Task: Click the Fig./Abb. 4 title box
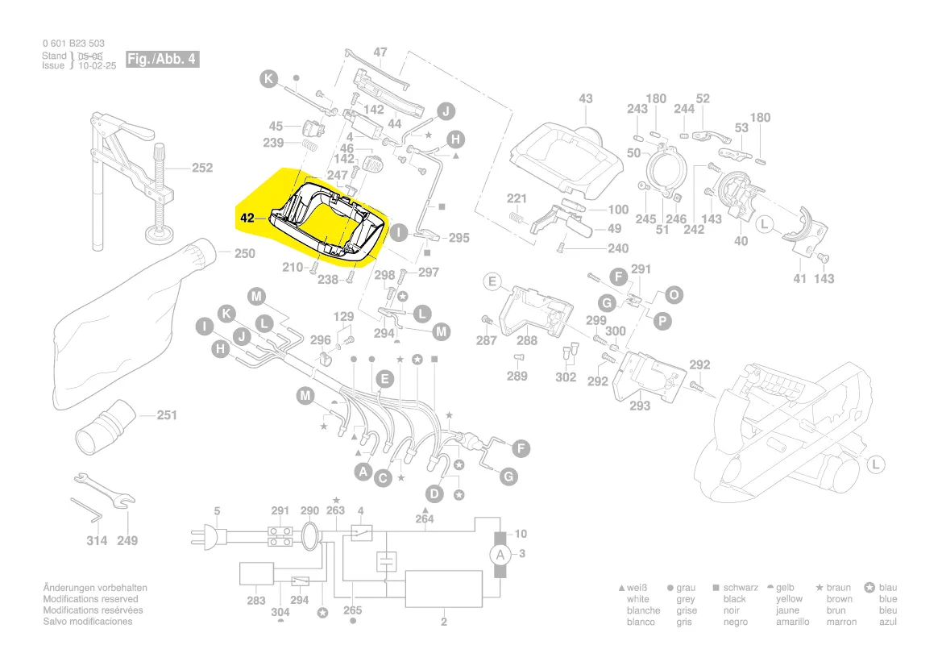click(161, 60)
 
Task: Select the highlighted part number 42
click(247, 217)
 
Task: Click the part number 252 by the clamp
click(201, 168)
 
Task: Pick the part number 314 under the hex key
click(97, 540)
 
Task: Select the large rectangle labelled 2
click(443, 589)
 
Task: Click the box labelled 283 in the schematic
click(256, 574)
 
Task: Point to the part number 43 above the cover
click(585, 98)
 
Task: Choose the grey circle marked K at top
click(268, 79)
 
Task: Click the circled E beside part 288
click(492, 281)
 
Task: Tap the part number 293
click(639, 406)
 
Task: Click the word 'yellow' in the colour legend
click(789, 599)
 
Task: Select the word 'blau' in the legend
click(888, 588)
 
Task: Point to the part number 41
click(799, 278)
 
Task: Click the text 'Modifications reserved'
click(90, 599)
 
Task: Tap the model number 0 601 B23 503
click(73, 44)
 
